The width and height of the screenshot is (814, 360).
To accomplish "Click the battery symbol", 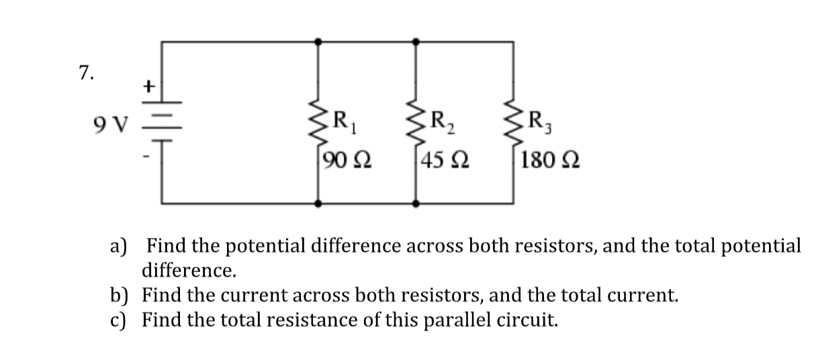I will tap(161, 124).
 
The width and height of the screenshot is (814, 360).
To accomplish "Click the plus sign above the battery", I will tap(150, 86).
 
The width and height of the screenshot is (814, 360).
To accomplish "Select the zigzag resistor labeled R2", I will tap(415, 123).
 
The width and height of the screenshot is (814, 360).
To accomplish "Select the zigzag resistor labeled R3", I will tap(514, 123).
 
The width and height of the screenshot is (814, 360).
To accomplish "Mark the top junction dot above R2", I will tap(415, 42).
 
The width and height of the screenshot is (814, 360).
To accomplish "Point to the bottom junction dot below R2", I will tap(415, 203).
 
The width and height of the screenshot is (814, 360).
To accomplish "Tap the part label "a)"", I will tap(119, 246).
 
